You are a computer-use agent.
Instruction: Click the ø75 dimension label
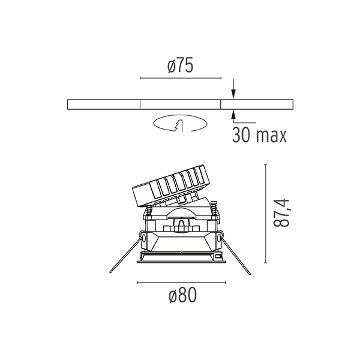[181, 65]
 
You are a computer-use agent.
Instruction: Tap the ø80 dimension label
[183, 295]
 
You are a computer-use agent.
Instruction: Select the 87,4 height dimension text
[281, 213]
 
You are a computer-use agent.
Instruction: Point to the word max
[271, 136]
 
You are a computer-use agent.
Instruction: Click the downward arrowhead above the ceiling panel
[233, 94]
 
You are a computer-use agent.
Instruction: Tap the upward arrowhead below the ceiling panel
[233, 114]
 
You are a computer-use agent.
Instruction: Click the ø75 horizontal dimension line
[181, 78]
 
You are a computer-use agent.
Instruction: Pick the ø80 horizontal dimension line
[181, 282]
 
